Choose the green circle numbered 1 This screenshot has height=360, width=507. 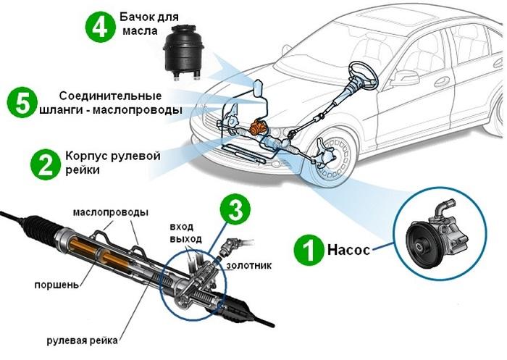click(309, 251)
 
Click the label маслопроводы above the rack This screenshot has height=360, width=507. click(110, 212)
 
